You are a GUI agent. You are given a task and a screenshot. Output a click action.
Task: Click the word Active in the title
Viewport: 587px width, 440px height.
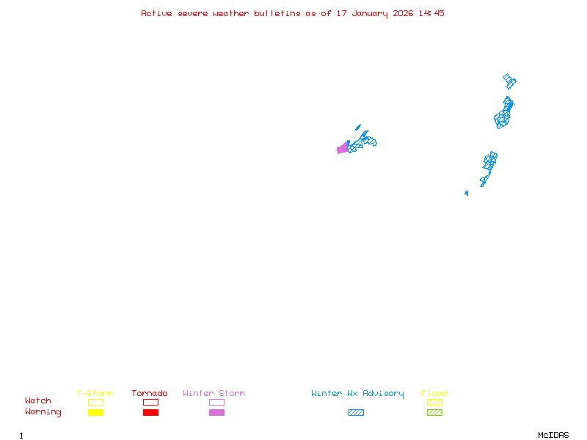[x=156, y=13]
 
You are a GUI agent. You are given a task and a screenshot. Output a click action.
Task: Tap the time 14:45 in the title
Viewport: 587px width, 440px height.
[x=431, y=13]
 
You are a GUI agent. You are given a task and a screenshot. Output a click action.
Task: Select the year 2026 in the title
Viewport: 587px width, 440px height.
[x=403, y=13]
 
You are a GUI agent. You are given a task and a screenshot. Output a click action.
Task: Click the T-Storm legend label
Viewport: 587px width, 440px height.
[x=95, y=394]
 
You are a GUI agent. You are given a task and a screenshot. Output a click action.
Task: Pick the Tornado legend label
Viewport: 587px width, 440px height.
[x=150, y=394]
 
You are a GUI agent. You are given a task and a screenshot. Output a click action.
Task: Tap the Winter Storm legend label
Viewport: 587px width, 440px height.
[x=214, y=394]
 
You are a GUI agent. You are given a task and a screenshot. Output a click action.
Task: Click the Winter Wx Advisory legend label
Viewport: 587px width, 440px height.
[x=357, y=394]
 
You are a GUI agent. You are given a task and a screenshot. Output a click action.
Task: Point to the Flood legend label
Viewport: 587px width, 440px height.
[x=434, y=394]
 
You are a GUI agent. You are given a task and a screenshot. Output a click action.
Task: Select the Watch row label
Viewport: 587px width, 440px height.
[x=38, y=401]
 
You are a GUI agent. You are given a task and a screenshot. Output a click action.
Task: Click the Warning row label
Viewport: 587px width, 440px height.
[x=43, y=412]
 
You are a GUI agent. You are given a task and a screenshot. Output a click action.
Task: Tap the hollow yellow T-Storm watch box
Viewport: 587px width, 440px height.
[x=95, y=402]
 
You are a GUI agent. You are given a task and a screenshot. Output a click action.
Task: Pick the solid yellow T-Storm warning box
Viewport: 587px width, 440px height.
[x=95, y=413]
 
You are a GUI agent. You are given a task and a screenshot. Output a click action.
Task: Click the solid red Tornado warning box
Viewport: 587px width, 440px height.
[x=150, y=413]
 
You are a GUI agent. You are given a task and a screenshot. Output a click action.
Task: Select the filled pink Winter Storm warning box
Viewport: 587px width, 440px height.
[x=216, y=413]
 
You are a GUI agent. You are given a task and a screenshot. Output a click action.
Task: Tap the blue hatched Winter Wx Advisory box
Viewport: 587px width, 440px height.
[x=356, y=413]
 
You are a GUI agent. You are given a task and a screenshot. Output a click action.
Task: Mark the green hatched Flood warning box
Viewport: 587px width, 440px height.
[x=434, y=413]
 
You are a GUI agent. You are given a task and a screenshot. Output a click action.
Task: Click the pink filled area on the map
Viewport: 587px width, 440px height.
[x=342, y=149]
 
